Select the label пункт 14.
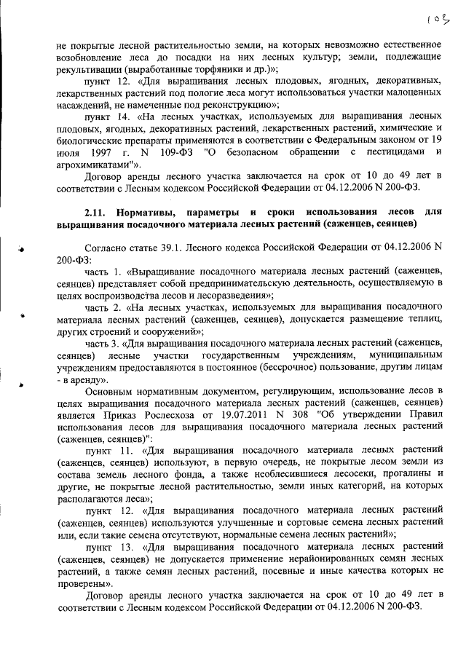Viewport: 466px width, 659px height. click(106, 117)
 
